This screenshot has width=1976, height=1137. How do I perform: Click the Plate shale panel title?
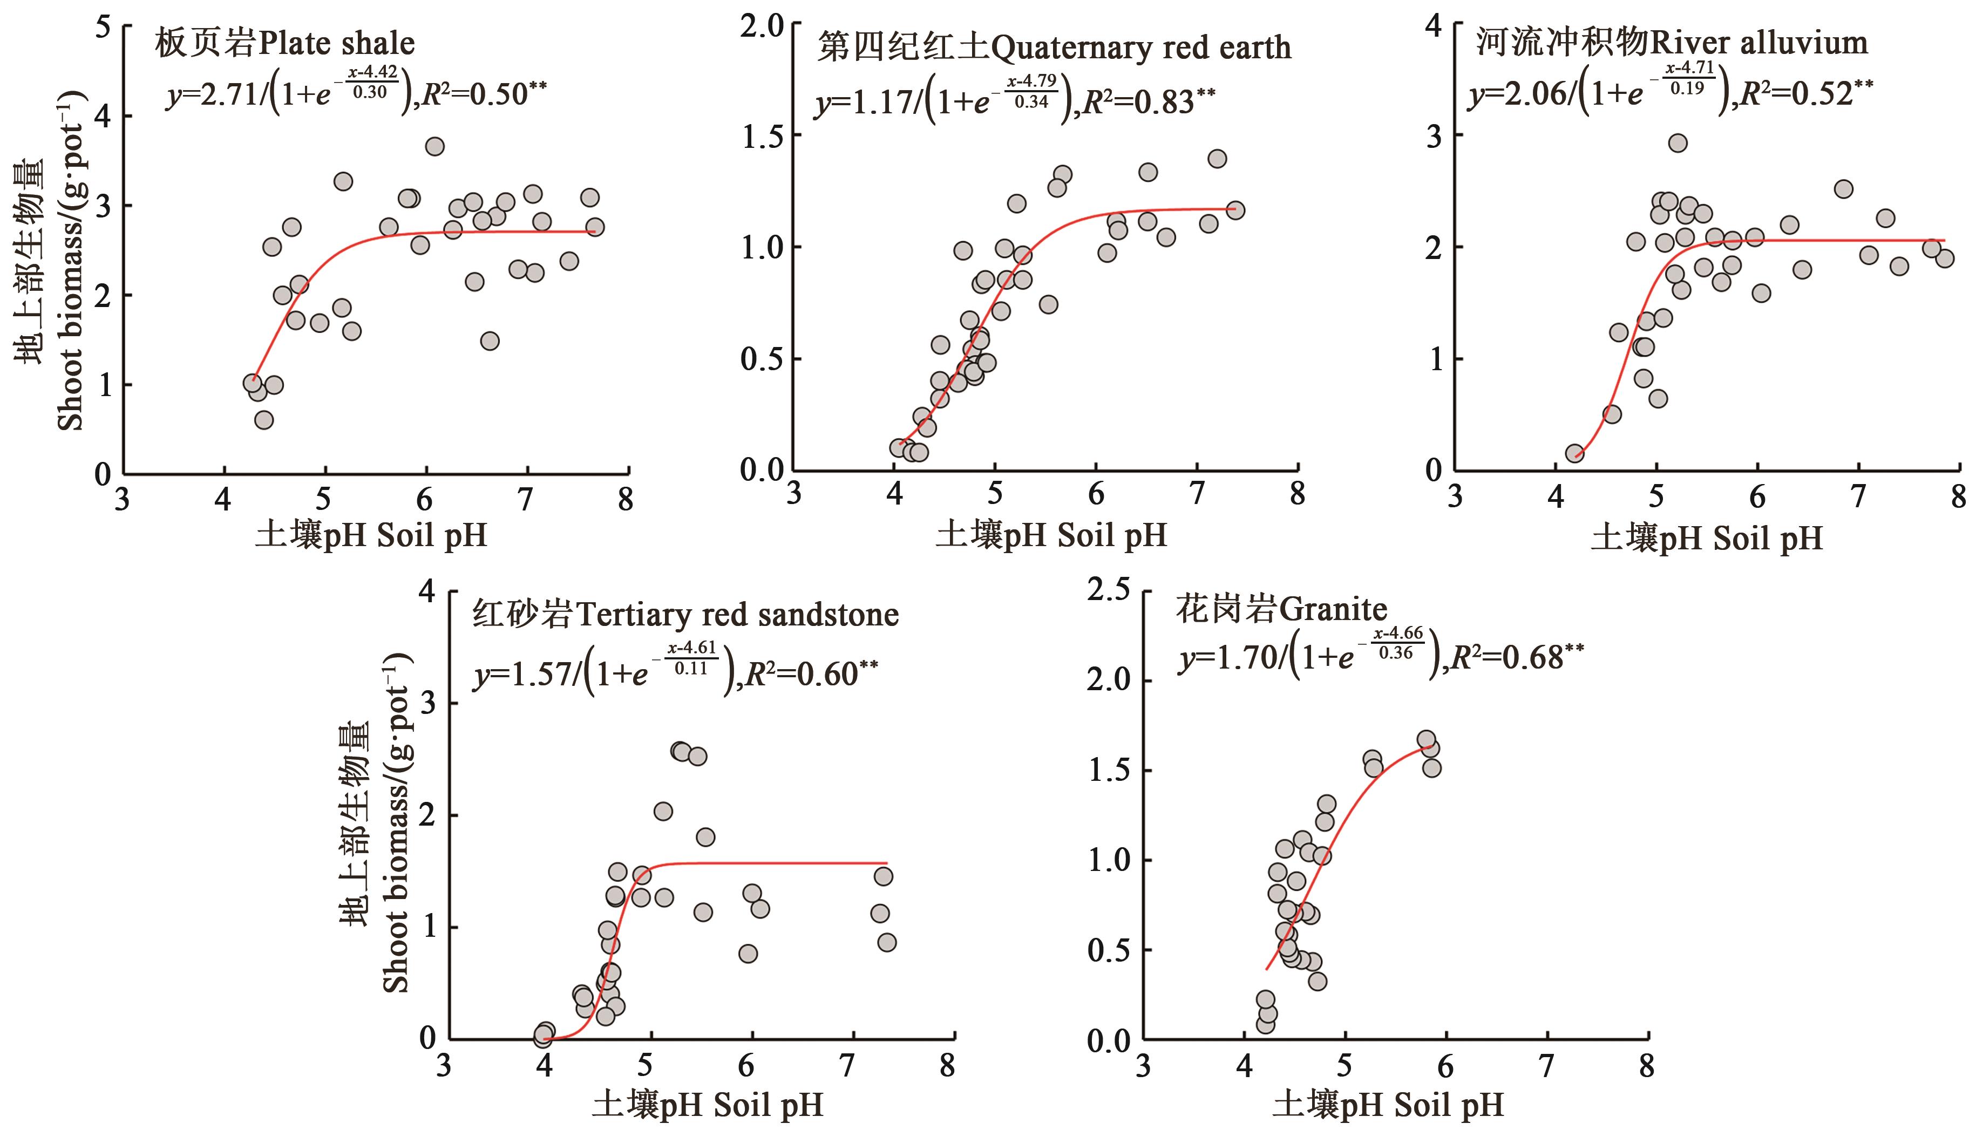tap(284, 43)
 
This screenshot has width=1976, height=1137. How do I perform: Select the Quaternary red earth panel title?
tap(1054, 49)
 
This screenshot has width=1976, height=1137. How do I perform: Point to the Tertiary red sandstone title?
tap(685, 615)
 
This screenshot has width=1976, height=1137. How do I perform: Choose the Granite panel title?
tap(1281, 609)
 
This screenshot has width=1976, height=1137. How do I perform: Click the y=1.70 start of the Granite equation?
tap(1227, 658)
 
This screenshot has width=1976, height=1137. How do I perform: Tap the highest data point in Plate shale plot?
tap(435, 146)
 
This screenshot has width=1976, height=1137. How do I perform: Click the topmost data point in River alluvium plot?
tap(1678, 143)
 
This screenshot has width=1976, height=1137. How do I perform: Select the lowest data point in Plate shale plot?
tap(264, 420)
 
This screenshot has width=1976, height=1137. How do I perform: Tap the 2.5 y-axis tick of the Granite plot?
tap(1109, 591)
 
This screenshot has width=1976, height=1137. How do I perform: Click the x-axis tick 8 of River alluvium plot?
tap(1958, 496)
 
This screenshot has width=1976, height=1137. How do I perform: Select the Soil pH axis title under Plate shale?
tap(370, 536)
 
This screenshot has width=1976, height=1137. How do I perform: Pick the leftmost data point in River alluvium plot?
tap(1574, 453)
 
